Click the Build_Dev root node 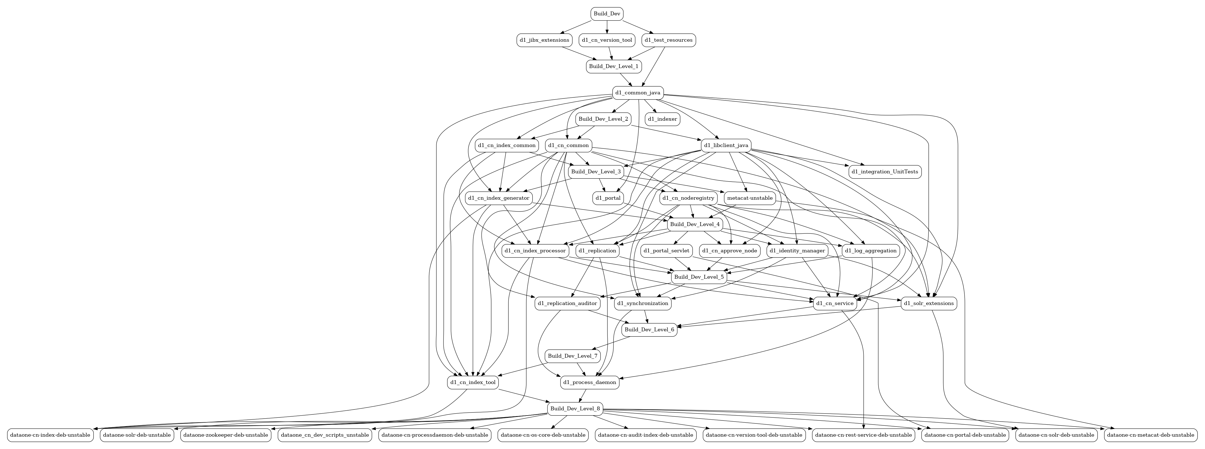(x=607, y=14)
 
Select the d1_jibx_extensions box (x=544, y=40)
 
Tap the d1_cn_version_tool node (x=607, y=40)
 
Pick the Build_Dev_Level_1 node (x=613, y=66)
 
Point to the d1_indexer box (x=662, y=119)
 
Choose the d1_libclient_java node (x=726, y=146)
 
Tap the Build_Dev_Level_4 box (x=695, y=225)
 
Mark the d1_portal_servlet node (x=666, y=251)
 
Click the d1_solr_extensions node (x=928, y=303)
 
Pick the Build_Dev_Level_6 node (x=649, y=330)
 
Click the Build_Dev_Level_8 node (x=575, y=409)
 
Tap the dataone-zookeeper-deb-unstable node (x=226, y=435)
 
